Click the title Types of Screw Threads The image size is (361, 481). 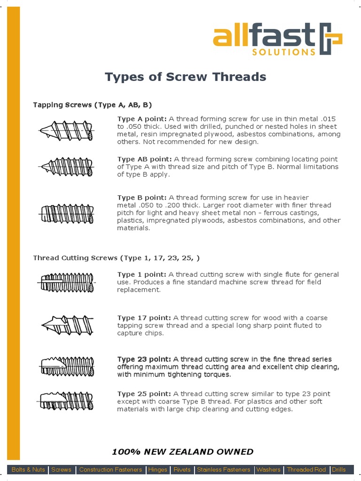click(185, 77)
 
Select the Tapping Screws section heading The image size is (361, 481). click(92, 104)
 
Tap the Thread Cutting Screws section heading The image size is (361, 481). click(116, 258)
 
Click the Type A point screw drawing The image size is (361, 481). click(67, 130)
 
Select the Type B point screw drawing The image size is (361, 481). click(67, 214)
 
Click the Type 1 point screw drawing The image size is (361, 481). click(67, 283)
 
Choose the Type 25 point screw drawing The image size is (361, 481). click(67, 401)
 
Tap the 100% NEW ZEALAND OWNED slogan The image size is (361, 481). click(182, 452)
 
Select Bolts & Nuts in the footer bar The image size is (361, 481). click(28, 470)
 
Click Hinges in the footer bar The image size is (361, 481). click(157, 470)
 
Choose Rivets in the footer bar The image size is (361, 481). click(182, 470)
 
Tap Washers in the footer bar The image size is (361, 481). click(268, 470)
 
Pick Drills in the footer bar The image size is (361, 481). click(338, 470)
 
